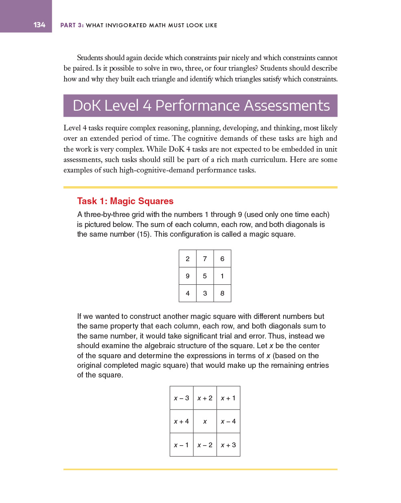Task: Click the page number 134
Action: tap(39, 25)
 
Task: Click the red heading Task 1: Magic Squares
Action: tap(125, 201)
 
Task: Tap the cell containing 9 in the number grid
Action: tap(188, 276)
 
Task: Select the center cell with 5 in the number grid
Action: tap(205, 276)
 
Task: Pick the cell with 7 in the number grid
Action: tap(205, 259)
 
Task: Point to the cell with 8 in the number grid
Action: tap(222, 293)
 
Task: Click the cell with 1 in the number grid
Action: tap(222, 276)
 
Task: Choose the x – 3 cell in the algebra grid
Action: tap(182, 398)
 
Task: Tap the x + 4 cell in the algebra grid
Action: tap(182, 421)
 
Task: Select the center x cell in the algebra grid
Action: tap(205, 421)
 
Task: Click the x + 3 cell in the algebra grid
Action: tap(228, 445)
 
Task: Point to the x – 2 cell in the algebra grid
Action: tap(205, 445)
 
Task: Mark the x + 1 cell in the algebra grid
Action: tap(228, 398)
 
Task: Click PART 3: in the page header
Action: tap(72, 25)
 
